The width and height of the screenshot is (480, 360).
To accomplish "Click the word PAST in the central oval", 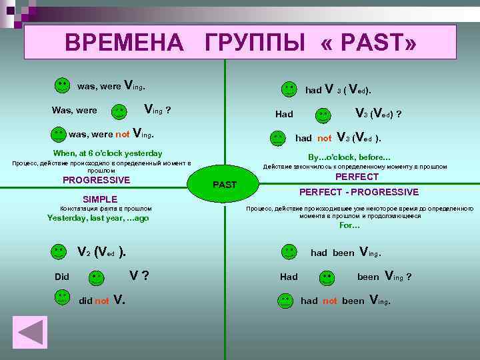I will [x=225, y=184].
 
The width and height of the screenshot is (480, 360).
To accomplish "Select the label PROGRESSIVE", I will [x=96, y=179].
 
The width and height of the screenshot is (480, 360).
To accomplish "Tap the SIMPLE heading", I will [x=99, y=199].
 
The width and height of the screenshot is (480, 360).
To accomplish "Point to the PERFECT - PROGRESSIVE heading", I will [x=359, y=192].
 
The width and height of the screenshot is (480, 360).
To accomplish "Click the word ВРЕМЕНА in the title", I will [x=124, y=43].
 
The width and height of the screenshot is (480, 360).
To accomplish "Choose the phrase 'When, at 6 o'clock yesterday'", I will [x=107, y=153].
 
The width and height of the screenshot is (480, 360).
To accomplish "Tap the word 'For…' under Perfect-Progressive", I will [x=349, y=225].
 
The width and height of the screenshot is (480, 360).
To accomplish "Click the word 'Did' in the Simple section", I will [x=62, y=277].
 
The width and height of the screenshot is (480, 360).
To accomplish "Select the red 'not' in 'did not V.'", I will [x=102, y=301].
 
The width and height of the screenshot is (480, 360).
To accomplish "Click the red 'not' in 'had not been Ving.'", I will [x=330, y=301].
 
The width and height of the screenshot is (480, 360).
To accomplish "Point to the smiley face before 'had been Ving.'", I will [x=289, y=252].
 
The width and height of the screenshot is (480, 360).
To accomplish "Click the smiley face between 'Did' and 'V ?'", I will [x=97, y=277].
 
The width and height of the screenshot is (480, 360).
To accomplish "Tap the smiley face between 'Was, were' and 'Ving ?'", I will [x=119, y=110].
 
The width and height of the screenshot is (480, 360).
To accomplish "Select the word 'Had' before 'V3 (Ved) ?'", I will [x=284, y=114].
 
